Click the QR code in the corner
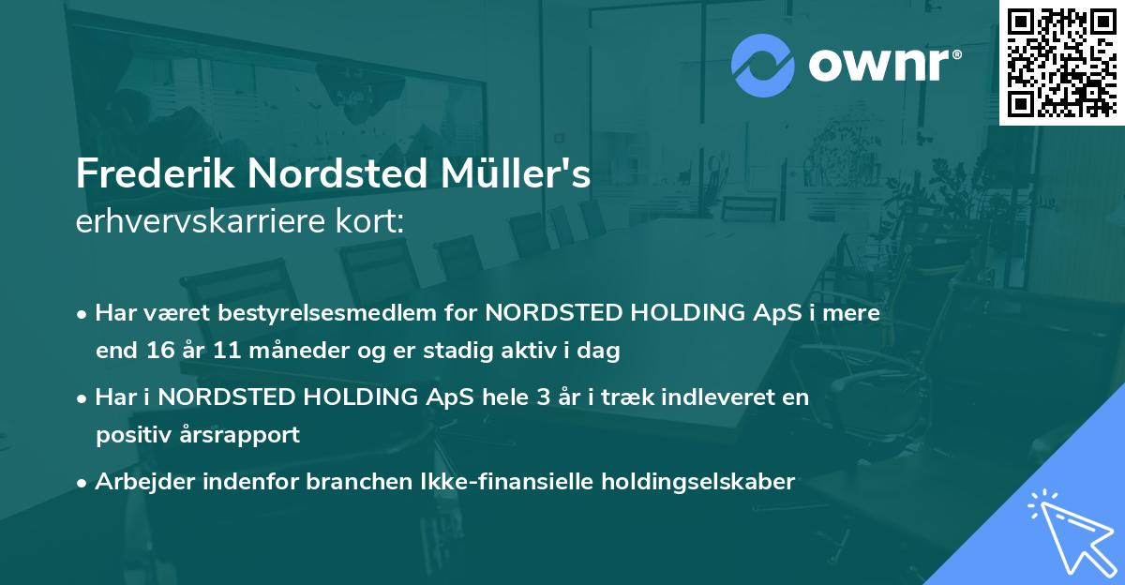click(x=1061, y=63)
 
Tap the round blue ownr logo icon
click(x=763, y=66)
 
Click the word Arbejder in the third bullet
click(x=138, y=482)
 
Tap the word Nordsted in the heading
click(x=330, y=175)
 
